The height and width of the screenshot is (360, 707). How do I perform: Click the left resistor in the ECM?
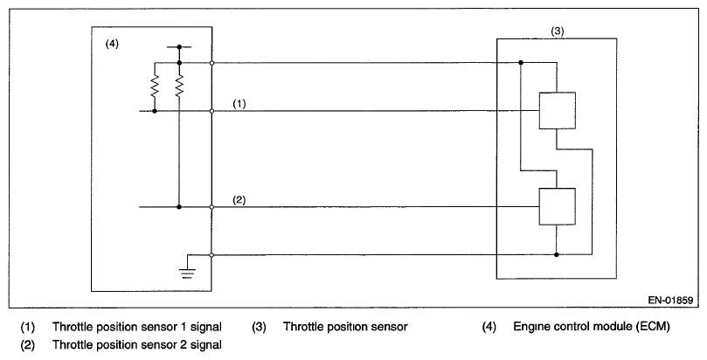click(155, 87)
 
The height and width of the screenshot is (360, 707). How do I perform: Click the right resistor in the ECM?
click(179, 87)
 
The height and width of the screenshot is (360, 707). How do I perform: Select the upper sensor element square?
click(556, 111)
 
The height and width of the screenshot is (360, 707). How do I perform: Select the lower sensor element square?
click(556, 207)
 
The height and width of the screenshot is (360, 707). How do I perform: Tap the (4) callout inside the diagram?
click(112, 44)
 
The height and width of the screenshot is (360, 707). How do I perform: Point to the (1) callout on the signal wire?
click(241, 103)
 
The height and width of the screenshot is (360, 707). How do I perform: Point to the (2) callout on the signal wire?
click(241, 199)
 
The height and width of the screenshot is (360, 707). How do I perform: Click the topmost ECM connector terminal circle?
click(211, 63)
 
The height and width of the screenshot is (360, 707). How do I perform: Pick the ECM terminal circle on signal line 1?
click(211, 111)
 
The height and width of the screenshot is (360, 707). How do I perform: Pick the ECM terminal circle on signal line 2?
click(211, 207)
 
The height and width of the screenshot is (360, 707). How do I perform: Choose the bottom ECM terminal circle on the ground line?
click(211, 255)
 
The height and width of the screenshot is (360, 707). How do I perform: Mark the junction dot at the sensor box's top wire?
click(520, 63)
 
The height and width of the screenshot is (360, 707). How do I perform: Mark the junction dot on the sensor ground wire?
click(556, 255)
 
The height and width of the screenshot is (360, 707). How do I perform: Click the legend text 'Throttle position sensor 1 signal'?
click(136, 327)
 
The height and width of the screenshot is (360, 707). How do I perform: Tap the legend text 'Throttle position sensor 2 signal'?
click(136, 344)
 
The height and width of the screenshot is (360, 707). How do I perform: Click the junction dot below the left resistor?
click(155, 111)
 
